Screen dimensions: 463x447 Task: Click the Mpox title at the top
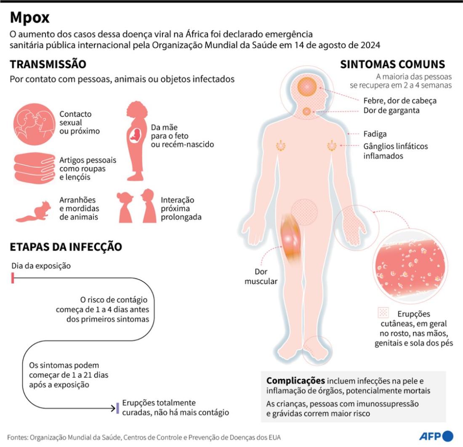pyautogui.click(x=29, y=18)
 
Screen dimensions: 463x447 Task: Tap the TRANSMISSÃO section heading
pyautogui.click(x=48, y=64)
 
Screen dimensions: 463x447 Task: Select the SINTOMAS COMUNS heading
pyautogui.click(x=392, y=64)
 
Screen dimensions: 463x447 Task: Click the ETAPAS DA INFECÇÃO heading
pyautogui.click(x=66, y=247)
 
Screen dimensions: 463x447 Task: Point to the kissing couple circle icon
pyautogui.click(x=34, y=124)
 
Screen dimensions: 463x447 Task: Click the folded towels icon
pyautogui.click(x=35, y=168)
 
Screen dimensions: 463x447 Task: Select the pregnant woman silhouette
pyautogui.click(x=136, y=141)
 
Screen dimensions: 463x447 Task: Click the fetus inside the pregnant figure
pyautogui.click(x=136, y=135)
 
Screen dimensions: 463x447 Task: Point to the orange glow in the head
pyautogui.click(x=307, y=87)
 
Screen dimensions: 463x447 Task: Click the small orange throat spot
pyautogui.click(x=307, y=112)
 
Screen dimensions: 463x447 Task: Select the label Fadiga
pyautogui.click(x=375, y=134)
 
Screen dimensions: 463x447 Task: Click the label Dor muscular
pyautogui.click(x=261, y=276)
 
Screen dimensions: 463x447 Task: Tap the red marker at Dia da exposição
pyautogui.click(x=13, y=278)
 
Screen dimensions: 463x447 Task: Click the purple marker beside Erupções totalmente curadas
pyautogui.click(x=118, y=408)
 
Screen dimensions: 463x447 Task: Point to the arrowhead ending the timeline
pyautogui.click(x=113, y=408)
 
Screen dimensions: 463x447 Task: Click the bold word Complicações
pyautogui.click(x=295, y=380)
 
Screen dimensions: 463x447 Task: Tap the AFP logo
pyautogui.click(x=436, y=436)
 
